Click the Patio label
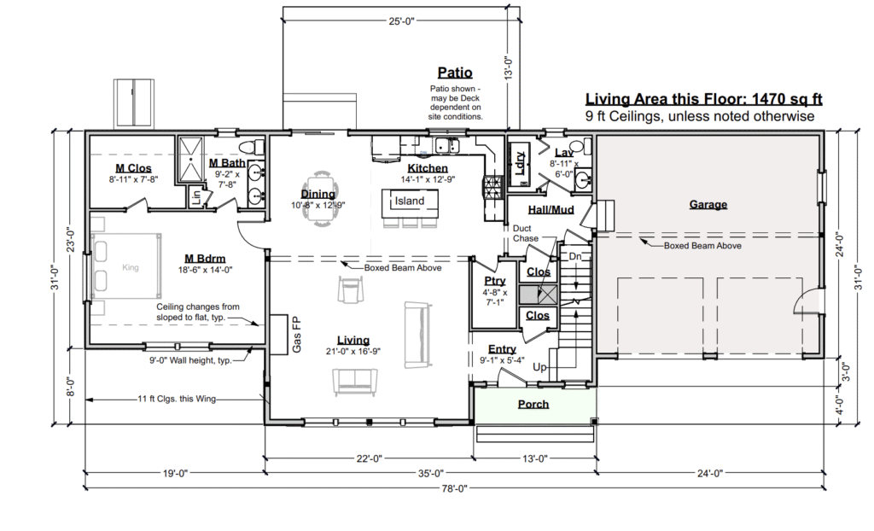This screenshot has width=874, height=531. [455, 73]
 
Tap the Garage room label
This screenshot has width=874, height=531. [708, 204]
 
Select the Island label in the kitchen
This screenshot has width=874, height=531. [410, 201]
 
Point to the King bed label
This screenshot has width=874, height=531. [130, 268]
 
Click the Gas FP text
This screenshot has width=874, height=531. [296, 335]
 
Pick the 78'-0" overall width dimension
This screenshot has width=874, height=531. [454, 488]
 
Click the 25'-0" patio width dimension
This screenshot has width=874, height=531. [401, 21]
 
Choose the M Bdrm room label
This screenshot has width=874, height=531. [205, 259]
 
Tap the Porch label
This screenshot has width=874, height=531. [533, 404]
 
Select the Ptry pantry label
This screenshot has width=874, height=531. [495, 281]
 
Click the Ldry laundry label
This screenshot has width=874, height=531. [520, 164]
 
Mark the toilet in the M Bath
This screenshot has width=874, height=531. [257, 146]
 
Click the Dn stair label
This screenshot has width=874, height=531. [575, 257]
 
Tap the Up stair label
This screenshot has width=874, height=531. [539, 367]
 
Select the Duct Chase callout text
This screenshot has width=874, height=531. [526, 233]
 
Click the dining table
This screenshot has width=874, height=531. [320, 199]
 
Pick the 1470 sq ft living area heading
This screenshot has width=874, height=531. [703, 99]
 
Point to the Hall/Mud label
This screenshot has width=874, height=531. [551, 210]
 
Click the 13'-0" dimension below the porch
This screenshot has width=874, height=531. [534, 458]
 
